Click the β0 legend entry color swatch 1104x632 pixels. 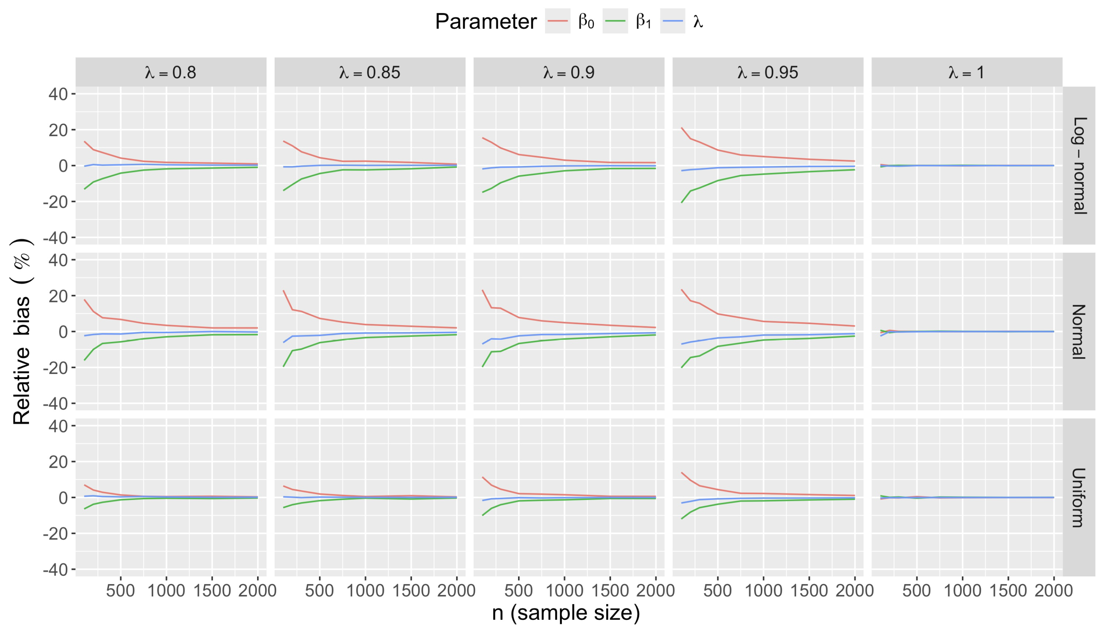click(557, 21)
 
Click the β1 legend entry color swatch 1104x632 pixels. click(615, 21)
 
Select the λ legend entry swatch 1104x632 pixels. click(672, 21)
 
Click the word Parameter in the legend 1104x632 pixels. click(486, 21)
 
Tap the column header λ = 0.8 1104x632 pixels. click(171, 72)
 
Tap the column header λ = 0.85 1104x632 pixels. click(370, 72)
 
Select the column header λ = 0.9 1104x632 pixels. click(568, 72)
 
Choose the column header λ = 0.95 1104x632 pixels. click(767, 72)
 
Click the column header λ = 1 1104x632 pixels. click(966, 72)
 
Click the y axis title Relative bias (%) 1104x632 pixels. click(22, 332)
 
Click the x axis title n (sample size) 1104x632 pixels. click(566, 613)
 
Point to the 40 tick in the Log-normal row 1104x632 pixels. click(58, 94)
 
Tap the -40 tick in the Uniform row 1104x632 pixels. click(55, 569)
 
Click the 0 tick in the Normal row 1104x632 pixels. click(63, 332)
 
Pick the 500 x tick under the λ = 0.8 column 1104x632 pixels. click(120, 591)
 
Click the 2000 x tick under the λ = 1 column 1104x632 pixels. click(1054, 591)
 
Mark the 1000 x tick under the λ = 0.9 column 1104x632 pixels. click(564, 591)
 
